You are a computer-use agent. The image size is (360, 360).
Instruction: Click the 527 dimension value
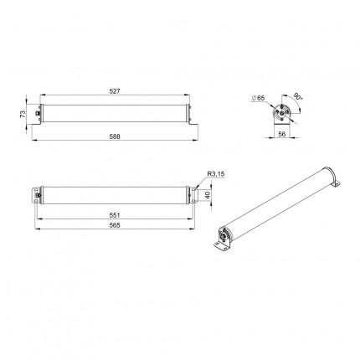[115, 91]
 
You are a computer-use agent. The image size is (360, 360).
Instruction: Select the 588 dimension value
[115, 136]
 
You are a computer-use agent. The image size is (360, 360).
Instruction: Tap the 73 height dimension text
[23, 114]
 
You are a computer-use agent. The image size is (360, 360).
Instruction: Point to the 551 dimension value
[115, 215]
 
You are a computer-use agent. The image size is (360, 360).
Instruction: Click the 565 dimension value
[115, 225]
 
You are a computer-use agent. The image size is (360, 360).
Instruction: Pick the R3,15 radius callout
[216, 174]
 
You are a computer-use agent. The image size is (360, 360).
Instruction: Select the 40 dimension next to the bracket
[208, 195]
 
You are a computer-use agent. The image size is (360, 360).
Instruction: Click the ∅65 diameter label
[258, 98]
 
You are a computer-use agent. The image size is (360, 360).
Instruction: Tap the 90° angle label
[298, 97]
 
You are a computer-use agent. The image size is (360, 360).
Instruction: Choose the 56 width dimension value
[282, 134]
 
